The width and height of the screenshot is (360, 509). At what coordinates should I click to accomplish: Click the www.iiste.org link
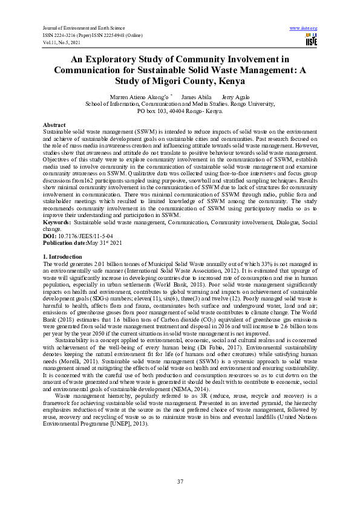click(304, 28)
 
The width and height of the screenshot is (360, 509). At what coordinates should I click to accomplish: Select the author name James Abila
click(197, 97)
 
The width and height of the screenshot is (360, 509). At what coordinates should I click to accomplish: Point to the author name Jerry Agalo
click(236, 97)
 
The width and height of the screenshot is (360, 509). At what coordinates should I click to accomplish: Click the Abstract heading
click(54, 124)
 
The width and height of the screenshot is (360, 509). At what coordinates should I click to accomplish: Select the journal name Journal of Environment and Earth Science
click(82, 28)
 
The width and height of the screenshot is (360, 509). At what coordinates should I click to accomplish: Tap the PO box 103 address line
click(180, 111)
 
